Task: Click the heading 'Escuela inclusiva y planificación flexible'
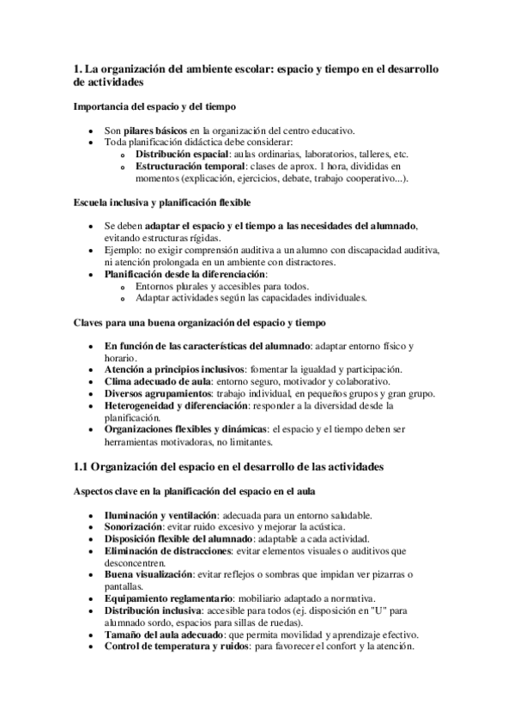[x=162, y=203]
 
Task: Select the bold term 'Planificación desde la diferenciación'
[x=184, y=274]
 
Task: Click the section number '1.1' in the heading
[x=80, y=467]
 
